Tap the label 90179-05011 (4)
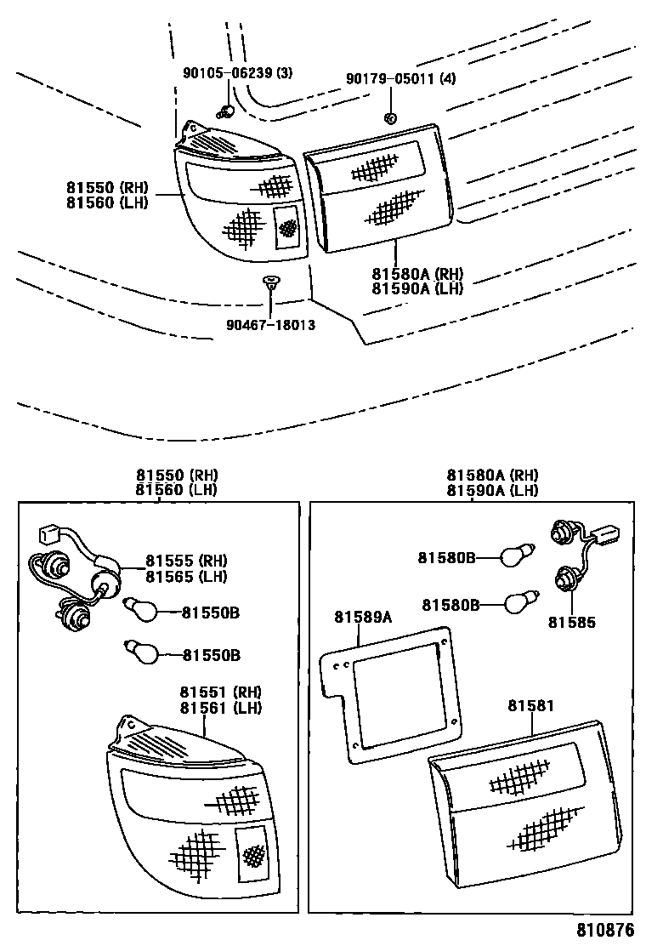400,79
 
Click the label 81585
571,623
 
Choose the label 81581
531,706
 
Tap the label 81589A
362,617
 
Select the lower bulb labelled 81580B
518,604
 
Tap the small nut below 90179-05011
390,117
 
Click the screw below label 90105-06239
225,110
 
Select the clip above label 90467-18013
270,282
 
